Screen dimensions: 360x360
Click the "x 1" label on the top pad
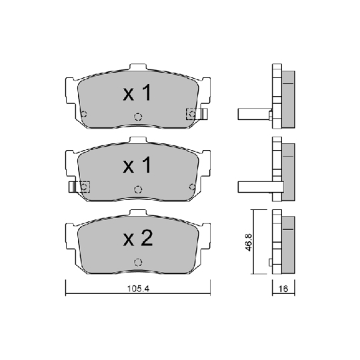pyautogui.click(x=138, y=94)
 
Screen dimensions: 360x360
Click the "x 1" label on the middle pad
pyautogui.click(x=138, y=165)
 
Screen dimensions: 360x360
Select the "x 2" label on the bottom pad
pyautogui.click(x=138, y=238)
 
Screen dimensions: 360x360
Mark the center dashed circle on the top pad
pyautogui.click(x=138, y=117)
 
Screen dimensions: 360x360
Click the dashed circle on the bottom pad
pyautogui.click(x=138, y=261)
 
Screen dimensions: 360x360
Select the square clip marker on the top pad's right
pyautogui.click(x=192, y=114)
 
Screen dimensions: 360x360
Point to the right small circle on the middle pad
pyautogui.click(x=192, y=187)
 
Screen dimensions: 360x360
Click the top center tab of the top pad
pyautogui.click(x=138, y=68)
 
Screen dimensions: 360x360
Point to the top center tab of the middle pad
pyautogui.click(x=138, y=141)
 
